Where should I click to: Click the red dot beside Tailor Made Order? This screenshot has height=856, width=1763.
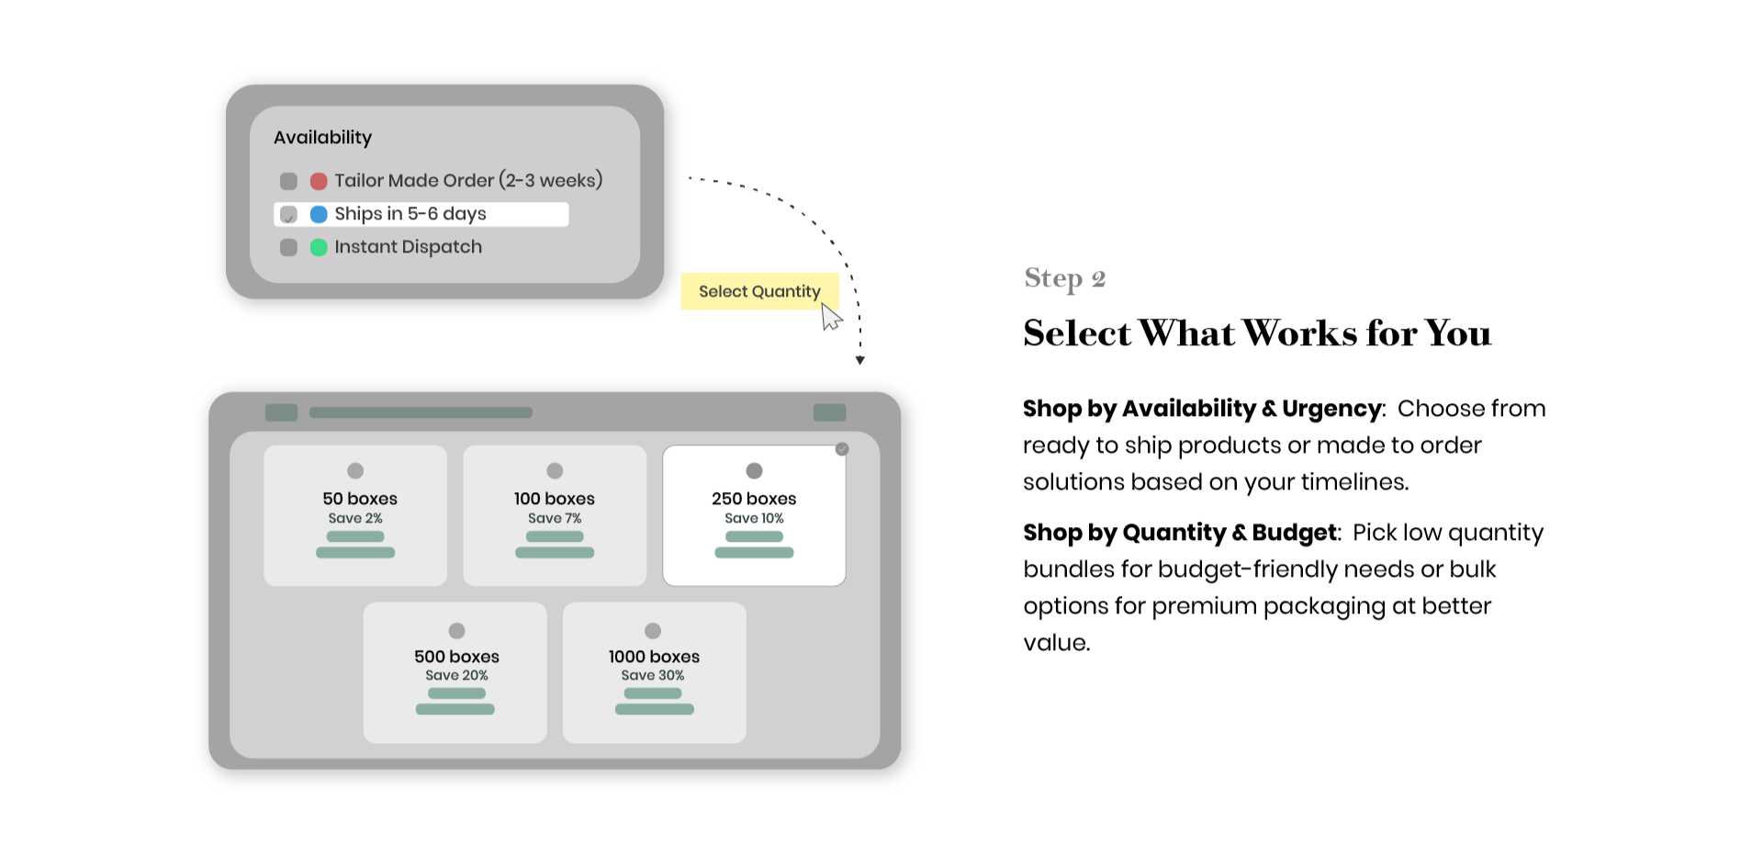coord(319,181)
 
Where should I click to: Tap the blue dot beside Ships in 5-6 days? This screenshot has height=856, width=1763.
coord(319,214)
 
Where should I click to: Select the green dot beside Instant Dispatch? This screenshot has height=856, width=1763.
coord(319,247)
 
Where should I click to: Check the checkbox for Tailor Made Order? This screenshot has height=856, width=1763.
coord(288,181)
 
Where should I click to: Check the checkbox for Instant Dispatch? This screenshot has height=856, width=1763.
coord(288,247)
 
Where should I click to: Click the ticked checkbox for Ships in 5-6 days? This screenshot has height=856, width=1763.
coord(288,214)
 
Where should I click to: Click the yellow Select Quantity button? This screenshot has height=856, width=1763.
coord(759,291)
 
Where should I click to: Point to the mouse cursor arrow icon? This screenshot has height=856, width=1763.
coord(830,316)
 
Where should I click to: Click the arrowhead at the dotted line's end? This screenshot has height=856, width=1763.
coord(860,361)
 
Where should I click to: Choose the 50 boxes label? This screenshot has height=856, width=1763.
coord(360,499)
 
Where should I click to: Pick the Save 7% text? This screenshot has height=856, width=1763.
coord(555,518)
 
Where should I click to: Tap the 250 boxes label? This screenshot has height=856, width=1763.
coord(754,499)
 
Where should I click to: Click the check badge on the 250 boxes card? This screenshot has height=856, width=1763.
coord(842,449)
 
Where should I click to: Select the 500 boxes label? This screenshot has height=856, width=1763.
coord(456,657)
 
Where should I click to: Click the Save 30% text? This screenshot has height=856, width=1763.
coord(653,675)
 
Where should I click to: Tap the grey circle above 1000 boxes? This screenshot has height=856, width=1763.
coord(653,631)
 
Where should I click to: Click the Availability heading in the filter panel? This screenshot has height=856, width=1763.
coord(322,138)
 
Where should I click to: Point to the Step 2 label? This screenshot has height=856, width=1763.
coord(1065,278)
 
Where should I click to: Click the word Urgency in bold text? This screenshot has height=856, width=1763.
coord(1332,409)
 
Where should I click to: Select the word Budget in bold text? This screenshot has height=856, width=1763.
coord(1295,533)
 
